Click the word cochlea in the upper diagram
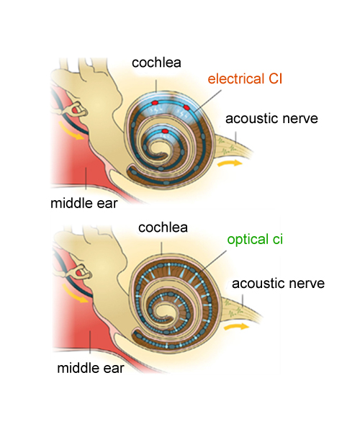[156, 63]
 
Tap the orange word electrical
[235, 78]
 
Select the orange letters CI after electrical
[275, 78]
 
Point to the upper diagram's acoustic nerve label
[271, 119]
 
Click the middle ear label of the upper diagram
[84, 203]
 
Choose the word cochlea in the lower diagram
[163, 228]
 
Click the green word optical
[248, 240]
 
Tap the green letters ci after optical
[278, 239]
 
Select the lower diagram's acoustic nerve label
[278, 284]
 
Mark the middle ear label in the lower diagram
[91, 368]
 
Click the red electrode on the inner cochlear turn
[165, 131]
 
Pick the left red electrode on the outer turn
[155, 103]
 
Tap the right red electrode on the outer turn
[186, 107]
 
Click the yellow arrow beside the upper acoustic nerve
[230, 163]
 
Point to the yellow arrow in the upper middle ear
[71, 132]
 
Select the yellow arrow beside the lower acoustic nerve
[237, 327]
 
